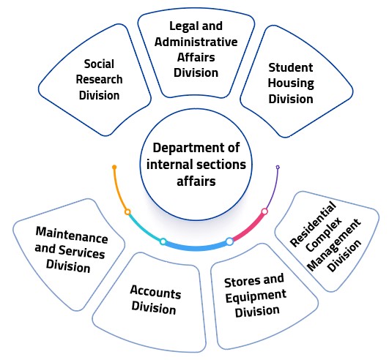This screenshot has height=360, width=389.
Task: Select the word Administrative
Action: [196, 42]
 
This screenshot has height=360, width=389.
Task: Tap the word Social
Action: [99, 64]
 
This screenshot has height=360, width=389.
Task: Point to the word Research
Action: [99, 80]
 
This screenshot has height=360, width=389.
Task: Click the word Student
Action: [291, 67]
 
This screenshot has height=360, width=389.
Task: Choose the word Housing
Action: [291, 83]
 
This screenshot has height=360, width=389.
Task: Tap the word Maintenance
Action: [72, 236]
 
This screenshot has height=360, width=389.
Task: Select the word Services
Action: [81, 252]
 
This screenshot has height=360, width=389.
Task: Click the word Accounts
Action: [155, 292]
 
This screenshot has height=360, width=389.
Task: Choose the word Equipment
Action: [256, 296]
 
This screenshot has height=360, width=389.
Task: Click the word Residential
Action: [313, 224]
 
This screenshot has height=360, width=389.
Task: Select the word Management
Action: [333, 245]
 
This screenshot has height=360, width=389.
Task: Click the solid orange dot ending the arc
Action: [114, 168]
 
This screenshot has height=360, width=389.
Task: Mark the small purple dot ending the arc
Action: [278, 168]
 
